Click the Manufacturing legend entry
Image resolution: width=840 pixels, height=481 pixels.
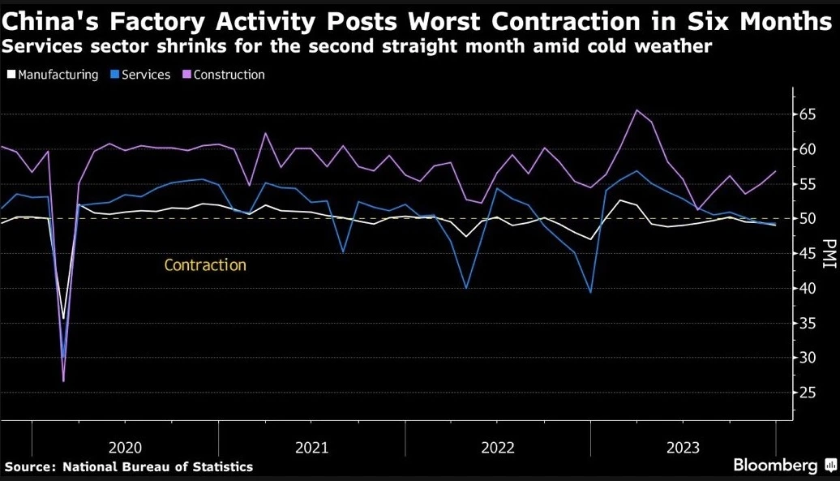[52, 75]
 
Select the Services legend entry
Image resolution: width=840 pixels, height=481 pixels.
[141, 75]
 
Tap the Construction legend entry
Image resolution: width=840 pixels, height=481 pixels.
[225, 75]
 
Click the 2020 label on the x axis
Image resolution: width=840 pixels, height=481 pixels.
[125, 447]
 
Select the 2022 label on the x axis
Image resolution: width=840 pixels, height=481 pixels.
[498, 447]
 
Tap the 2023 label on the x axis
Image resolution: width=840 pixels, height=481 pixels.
[684, 447]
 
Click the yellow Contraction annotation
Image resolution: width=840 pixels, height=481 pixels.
[204, 265]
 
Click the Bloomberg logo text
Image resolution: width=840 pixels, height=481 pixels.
[775, 465]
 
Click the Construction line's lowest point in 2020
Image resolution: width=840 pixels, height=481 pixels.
[63, 380]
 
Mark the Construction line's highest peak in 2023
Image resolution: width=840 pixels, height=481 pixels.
[636, 110]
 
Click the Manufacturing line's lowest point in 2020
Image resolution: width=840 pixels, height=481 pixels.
[63, 319]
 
